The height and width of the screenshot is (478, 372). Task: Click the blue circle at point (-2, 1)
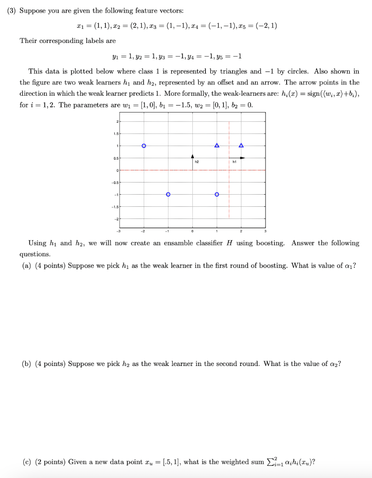coord(144,146)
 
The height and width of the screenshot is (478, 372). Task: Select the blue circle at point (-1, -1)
coord(168,194)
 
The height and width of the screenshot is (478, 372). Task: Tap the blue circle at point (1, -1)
coord(217,194)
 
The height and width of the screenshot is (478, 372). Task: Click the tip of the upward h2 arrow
coord(192,156)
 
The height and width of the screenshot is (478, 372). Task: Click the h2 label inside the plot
coord(197,162)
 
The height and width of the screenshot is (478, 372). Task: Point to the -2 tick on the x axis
coord(143,230)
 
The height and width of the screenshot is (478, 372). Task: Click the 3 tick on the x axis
coord(266,230)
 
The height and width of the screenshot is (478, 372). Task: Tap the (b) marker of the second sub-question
coord(26,364)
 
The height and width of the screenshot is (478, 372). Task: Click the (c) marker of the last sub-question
coord(26,462)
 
